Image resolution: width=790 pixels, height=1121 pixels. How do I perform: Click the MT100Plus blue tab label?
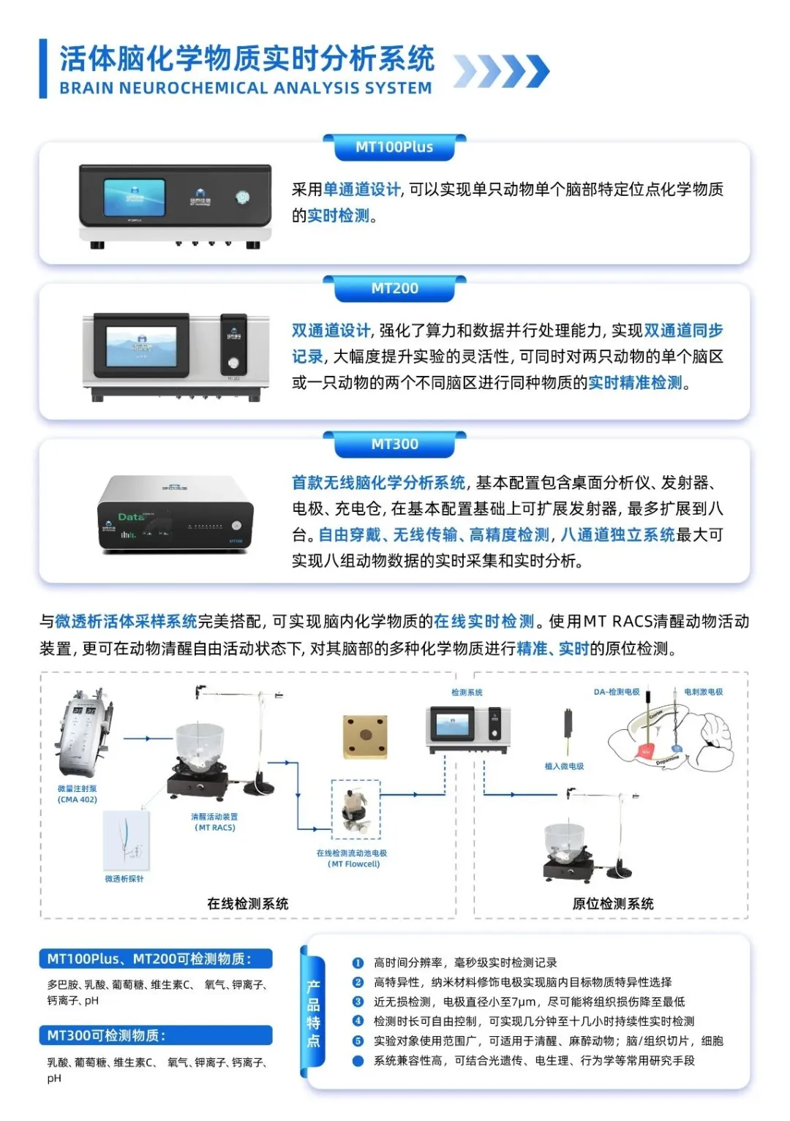pyautogui.click(x=394, y=147)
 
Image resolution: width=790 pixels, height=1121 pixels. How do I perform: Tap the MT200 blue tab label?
pyautogui.click(x=394, y=288)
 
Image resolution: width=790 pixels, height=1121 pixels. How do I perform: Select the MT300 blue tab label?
pyautogui.click(x=394, y=444)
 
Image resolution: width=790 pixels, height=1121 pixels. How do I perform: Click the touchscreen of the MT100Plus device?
pyautogui.click(x=135, y=196)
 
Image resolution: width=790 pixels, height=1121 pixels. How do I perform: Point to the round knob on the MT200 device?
pyautogui.click(x=233, y=363)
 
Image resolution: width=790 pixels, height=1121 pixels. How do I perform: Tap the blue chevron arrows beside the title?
pyautogui.click(x=501, y=72)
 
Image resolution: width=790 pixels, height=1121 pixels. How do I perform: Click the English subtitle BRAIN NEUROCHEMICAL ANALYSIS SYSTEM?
pyautogui.click(x=246, y=88)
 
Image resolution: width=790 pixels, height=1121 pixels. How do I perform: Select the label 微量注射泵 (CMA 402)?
pyautogui.click(x=78, y=794)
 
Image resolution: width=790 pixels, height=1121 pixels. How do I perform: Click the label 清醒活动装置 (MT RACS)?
pyautogui.click(x=214, y=822)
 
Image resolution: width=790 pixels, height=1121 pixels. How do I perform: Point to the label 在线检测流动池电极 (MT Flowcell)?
pyautogui.click(x=352, y=858)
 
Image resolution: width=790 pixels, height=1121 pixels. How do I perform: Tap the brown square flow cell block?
pyautogui.click(x=365, y=736)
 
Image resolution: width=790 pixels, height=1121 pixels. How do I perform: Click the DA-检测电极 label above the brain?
pyautogui.click(x=617, y=692)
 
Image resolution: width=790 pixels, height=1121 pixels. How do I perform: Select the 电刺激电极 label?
pyautogui.click(x=703, y=692)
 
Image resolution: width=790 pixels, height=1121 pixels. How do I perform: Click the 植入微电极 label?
pyautogui.click(x=564, y=766)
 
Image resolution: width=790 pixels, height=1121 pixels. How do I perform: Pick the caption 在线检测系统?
pyautogui.click(x=247, y=904)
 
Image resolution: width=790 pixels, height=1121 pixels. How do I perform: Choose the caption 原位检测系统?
pyautogui.click(x=613, y=904)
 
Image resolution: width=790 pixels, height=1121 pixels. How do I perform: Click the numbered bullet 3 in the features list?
pyautogui.click(x=358, y=1002)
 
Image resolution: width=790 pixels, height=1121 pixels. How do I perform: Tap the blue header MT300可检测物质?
pyautogui.click(x=107, y=1035)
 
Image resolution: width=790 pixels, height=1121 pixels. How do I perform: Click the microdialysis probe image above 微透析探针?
pyautogui.click(x=127, y=842)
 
